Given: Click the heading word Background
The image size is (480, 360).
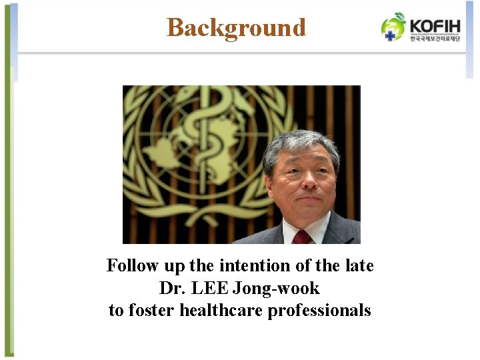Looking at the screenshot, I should (x=236, y=28).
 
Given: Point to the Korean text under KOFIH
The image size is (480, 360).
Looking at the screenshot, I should (x=435, y=39).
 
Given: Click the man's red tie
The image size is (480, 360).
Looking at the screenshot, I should (x=303, y=237).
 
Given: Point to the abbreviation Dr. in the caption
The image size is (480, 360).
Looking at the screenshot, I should (x=171, y=288).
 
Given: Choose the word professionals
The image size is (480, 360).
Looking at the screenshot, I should (x=319, y=310).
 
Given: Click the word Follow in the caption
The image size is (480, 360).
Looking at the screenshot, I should (x=133, y=266).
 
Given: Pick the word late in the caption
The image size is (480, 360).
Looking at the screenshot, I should (x=360, y=266).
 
